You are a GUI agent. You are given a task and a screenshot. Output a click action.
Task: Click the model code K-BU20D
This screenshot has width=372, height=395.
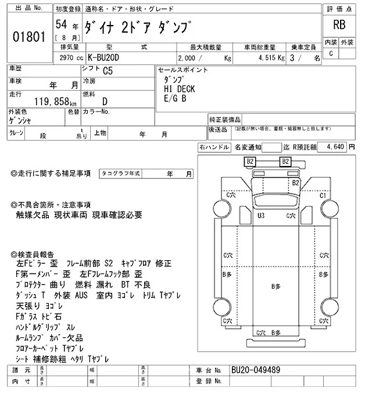point(113,59)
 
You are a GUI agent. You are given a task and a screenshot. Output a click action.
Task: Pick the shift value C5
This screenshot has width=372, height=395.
point(108,73)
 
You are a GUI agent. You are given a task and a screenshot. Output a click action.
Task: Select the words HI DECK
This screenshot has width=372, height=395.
point(180,89)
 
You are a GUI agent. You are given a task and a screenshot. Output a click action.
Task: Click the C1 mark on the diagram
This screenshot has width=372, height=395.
point(324,196)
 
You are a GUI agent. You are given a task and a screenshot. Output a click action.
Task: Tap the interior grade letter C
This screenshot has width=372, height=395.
point(331,54)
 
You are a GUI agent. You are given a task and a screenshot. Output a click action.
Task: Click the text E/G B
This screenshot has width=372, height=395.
point(176,98)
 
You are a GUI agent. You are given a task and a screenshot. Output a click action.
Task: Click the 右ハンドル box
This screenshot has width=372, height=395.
point(214,148)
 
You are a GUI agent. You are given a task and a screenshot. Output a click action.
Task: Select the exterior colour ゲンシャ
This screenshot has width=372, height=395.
point(20,121)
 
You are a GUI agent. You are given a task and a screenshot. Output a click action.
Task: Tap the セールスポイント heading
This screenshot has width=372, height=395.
point(183,70)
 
